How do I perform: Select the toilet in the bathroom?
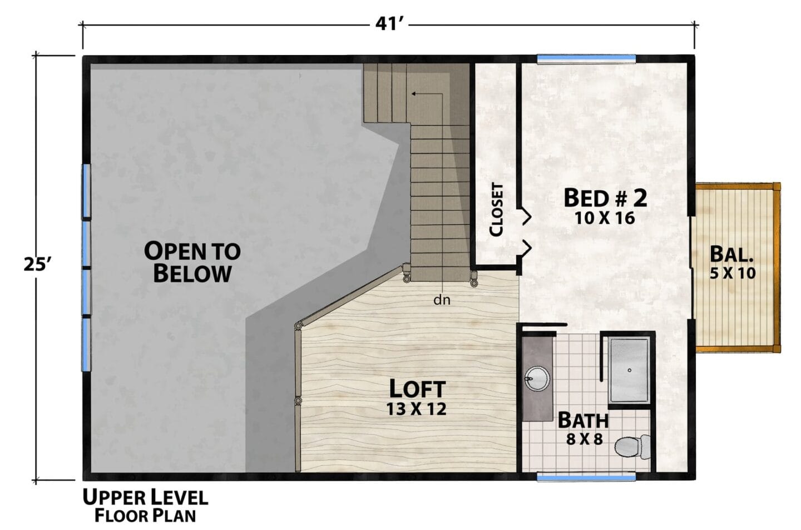click(x=632, y=447)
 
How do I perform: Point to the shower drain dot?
click(x=630, y=371)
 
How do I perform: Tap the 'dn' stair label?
click(x=442, y=300)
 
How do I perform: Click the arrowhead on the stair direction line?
click(x=414, y=94)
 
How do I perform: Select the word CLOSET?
click(x=496, y=209)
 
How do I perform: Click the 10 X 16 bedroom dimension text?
click(x=605, y=218)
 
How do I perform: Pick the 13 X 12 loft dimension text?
click(x=417, y=409)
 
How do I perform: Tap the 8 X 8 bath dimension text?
click(x=584, y=439)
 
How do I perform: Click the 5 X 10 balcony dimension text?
click(x=733, y=273)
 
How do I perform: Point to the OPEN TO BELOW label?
click(x=192, y=262)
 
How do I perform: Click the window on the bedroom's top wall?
click(x=586, y=59)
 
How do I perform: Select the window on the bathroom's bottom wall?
click(x=586, y=477)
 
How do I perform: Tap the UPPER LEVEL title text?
click(x=146, y=498)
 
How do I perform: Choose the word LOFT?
click(x=417, y=388)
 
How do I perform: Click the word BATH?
click(x=583, y=420)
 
